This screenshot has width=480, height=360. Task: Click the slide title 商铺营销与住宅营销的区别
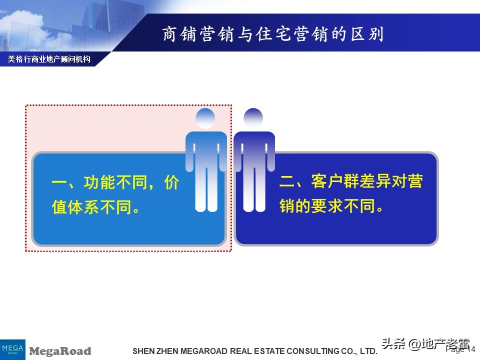pyautogui.click(x=272, y=34)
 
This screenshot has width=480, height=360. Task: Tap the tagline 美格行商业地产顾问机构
pyautogui.click(x=49, y=59)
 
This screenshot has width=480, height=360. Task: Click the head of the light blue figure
pyautogui.click(x=205, y=118)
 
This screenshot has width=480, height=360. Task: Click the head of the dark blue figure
pyautogui.click(x=253, y=118)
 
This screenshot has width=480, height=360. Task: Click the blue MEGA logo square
pyautogui.click(x=12, y=348)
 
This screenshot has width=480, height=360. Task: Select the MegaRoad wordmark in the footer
pyautogui.click(x=60, y=351)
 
